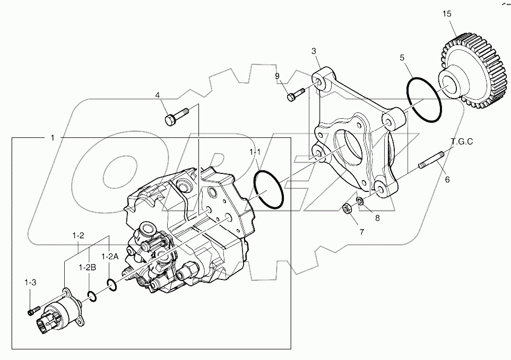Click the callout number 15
tap(447, 14)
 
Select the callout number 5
tap(402, 57)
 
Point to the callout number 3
tap(314, 51)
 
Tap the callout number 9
tap(277, 76)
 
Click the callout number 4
tap(158, 95)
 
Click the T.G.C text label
tap(462, 142)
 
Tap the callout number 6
tap(447, 180)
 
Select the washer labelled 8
tap(360, 201)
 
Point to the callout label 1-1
tap(255, 152)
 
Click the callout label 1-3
tap(30, 283)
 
